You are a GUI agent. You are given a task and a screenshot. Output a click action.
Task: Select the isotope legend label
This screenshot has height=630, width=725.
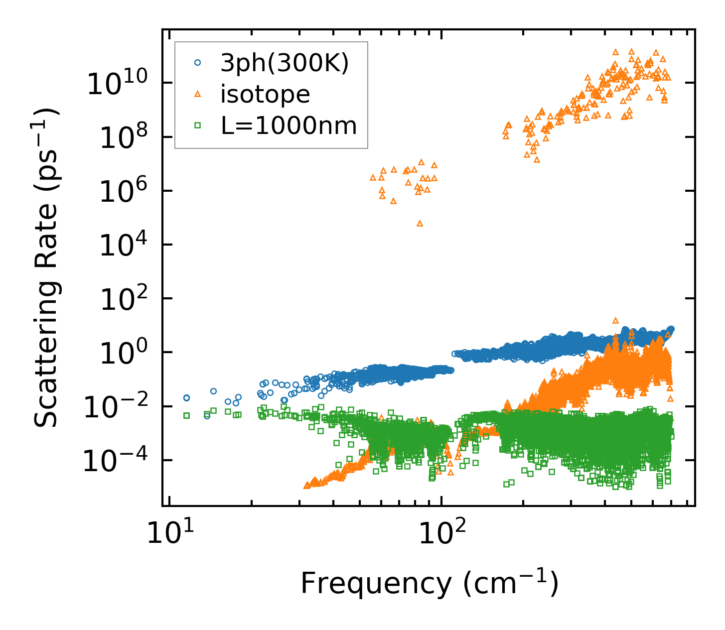click(x=265, y=94)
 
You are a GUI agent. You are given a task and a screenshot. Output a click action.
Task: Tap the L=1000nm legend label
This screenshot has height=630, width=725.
click(x=289, y=126)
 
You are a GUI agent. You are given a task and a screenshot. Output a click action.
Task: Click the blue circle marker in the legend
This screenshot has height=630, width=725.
click(x=198, y=63)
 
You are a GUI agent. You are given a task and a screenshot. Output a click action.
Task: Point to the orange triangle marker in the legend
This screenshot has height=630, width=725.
click(x=198, y=94)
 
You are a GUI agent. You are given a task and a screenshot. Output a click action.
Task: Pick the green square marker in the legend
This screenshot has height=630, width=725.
click(x=198, y=126)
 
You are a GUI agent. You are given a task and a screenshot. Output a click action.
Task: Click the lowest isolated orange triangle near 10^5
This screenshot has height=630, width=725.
click(x=420, y=223)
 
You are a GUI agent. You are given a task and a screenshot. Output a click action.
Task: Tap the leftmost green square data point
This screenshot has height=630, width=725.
click(x=187, y=415)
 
